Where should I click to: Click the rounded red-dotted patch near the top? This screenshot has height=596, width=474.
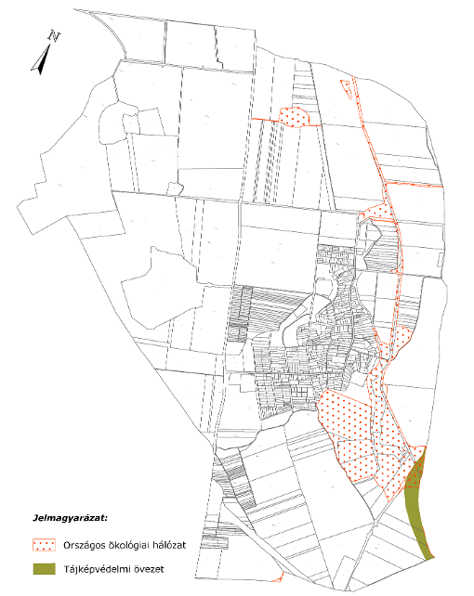coord(295,117)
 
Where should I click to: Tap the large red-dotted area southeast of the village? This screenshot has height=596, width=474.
coord(358,427)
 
